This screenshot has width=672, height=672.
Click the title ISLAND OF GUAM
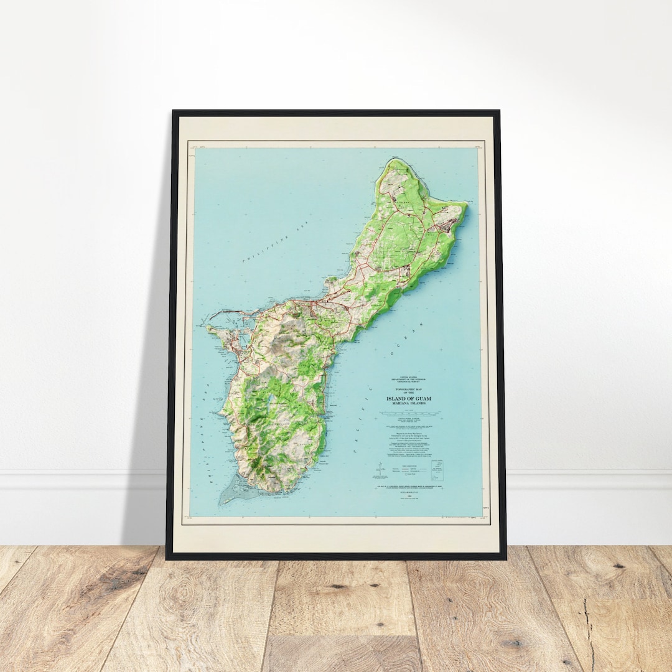coord(405,398)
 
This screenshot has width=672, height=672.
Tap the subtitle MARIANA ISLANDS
coord(405,404)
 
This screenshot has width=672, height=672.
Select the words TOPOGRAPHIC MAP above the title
coord(405,388)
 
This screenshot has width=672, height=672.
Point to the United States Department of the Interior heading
coord(405,379)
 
